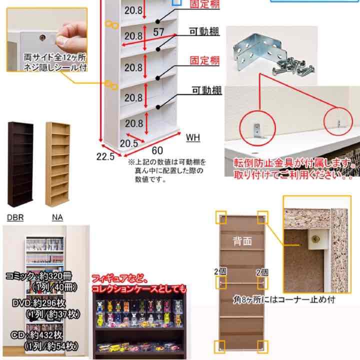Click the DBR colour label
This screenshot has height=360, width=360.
tap(16, 217)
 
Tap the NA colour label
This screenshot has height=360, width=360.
tap(57, 217)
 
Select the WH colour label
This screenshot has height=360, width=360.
tap(193, 137)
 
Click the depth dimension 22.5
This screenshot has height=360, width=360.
tap(105, 156)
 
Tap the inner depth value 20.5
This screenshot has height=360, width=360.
tap(128, 143)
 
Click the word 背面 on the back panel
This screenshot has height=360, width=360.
tap(242, 241)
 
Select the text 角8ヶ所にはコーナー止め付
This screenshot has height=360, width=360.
tap(283, 300)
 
